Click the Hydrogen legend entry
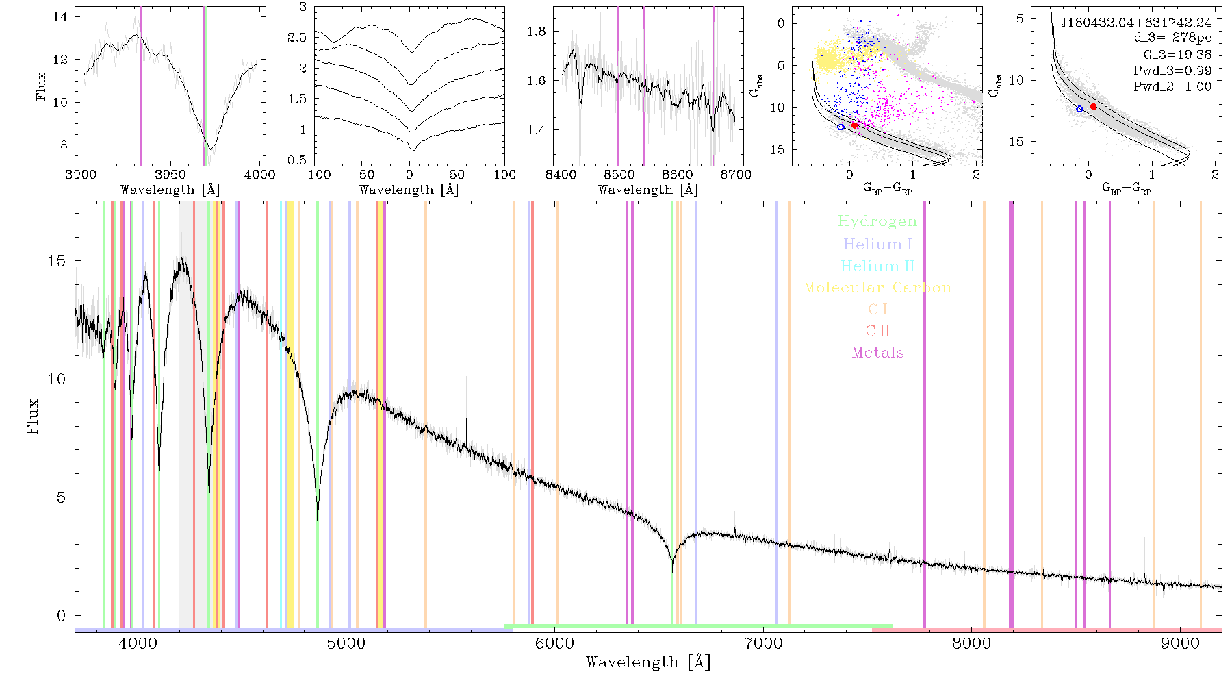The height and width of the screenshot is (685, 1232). (x=877, y=222)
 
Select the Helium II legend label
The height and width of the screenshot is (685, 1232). (x=877, y=266)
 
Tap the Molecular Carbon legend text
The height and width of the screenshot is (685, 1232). (x=877, y=288)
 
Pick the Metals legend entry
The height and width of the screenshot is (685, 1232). (x=878, y=353)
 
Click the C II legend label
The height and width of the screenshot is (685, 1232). (x=878, y=331)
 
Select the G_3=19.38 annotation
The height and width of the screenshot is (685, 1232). (x=1177, y=55)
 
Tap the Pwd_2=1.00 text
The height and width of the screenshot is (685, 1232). (x=1172, y=87)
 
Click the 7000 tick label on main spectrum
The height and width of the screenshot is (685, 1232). (x=762, y=643)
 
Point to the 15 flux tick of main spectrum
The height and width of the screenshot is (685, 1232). (x=57, y=261)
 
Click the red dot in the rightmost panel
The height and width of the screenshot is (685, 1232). (x=1093, y=107)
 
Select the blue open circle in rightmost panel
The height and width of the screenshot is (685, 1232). (x=1079, y=109)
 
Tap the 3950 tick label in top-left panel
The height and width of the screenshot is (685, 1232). (x=170, y=175)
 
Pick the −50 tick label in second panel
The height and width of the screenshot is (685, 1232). (x=365, y=175)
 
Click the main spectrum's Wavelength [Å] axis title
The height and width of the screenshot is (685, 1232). (x=648, y=662)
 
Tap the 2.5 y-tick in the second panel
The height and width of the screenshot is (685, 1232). (x=297, y=37)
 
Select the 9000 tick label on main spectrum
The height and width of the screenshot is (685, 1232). (x=1180, y=643)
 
